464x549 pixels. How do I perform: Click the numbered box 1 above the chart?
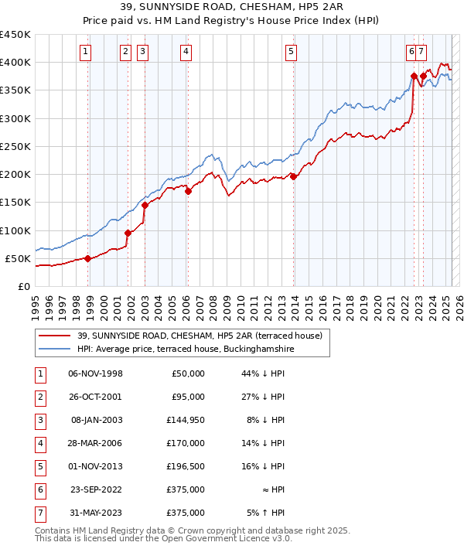pyautogui.click(x=84, y=52)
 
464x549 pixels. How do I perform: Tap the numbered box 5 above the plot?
pyautogui.click(x=291, y=52)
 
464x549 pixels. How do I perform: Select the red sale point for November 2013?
pyautogui.click(x=294, y=176)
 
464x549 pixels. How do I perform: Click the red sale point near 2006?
pyautogui.click(x=188, y=191)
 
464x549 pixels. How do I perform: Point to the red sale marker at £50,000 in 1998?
pyautogui.click(x=88, y=258)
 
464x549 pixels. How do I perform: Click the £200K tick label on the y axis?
pyautogui.click(x=15, y=174)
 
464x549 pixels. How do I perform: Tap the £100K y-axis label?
pyautogui.click(x=15, y=230)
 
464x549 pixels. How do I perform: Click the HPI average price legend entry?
pyautogui.click(x=186, y=349)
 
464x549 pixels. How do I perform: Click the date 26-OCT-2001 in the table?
pyautogui.click(x=96, y=397)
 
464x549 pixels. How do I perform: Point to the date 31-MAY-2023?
pyautogui.click(x=96, y=513)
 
